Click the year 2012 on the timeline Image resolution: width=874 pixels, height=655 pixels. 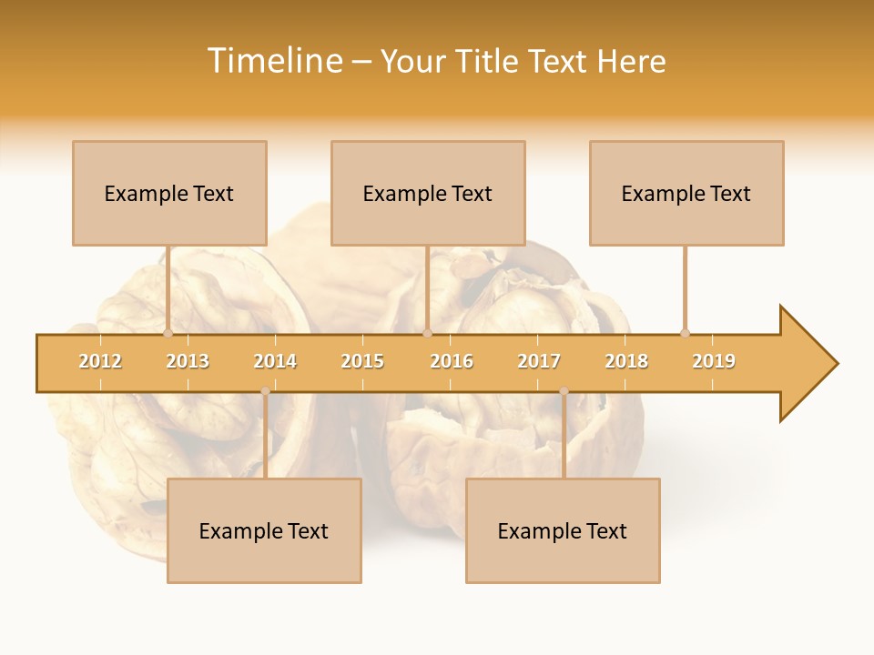(x=100, y=361)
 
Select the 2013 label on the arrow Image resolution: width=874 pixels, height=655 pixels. (x=188, y=361)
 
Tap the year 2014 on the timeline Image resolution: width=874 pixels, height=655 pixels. (x=275, y=361)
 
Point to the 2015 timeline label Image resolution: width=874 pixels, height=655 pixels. (x=362, y=361)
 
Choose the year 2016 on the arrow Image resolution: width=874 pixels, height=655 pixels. (x=452, y=361)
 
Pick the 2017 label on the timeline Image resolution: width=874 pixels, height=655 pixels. (x=539, y=361)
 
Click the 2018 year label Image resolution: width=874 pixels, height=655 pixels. (x=626, y=361)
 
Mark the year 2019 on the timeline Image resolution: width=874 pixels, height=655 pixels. (x=714, y=361)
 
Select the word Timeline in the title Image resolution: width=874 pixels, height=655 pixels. (x=274, y=61)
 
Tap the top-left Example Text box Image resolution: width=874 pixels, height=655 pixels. (x=169, y=193)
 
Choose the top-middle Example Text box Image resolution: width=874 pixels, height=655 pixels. (x=428, y=193)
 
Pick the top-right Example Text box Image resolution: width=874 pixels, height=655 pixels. (x=686, y=193)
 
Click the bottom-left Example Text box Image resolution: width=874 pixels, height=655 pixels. (x=264, y=530)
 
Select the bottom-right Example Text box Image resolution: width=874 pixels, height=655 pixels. (x=563, y=530)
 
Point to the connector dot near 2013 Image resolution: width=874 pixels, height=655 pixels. (x=168, y=333)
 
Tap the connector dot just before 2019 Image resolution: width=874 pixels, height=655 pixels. (x=685, y=333)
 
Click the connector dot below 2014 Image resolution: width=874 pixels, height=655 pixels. (x=265, y=391)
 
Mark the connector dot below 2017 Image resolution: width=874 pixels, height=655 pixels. (x=564, y=391)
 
